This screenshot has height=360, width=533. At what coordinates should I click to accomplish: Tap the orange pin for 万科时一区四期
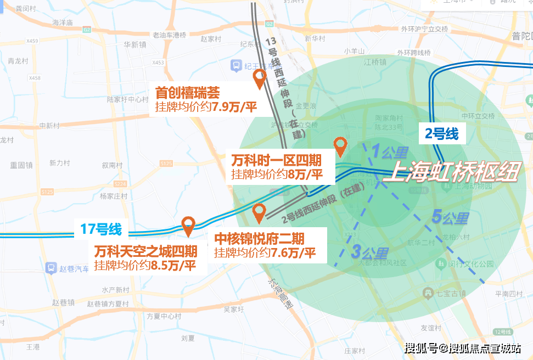pos(340,145)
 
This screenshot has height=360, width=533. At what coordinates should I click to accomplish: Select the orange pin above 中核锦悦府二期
pos(259,211)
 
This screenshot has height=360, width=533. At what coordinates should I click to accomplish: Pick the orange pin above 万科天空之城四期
pos(188,224)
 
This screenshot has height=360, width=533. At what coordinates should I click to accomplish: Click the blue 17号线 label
pos(101,228)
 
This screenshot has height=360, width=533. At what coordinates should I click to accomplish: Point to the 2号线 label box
pos(441,133)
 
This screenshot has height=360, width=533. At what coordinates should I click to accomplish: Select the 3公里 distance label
pos(369,253)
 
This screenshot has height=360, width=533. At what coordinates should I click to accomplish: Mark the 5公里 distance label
pos(450,217)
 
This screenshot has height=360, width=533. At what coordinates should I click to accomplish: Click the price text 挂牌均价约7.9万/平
pos(206,106)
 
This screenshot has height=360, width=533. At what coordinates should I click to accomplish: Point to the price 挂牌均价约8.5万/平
pos(145,265)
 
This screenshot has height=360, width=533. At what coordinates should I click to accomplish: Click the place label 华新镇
pos(134,45)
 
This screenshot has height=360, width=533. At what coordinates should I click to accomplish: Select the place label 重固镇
pos(21,165)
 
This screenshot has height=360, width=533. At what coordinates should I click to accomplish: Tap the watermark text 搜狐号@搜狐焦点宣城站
pos(463,348)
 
